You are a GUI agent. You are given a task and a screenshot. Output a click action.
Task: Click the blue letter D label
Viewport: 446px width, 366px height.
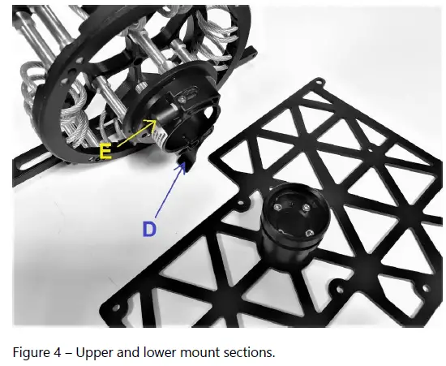(x=149, y=229)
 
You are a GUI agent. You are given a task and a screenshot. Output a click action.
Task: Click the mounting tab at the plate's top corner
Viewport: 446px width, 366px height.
(x=319, y=81)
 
